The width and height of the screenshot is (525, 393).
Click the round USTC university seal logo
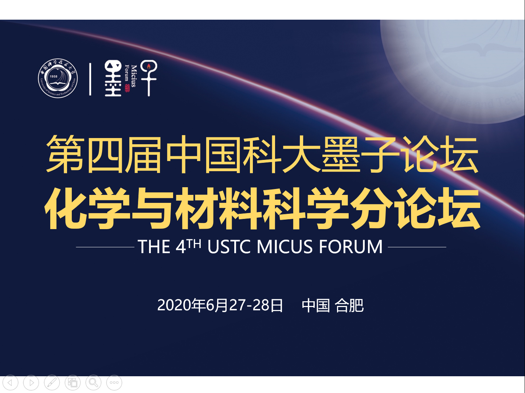58,78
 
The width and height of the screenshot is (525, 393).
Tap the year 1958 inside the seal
54,76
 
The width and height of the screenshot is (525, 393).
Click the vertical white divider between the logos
90,79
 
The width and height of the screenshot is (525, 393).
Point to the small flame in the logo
149,66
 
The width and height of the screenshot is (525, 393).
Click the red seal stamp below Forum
127,88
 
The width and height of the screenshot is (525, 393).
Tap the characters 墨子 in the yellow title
360,154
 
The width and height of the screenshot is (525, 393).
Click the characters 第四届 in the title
103,154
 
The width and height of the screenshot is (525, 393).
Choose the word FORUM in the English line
351,247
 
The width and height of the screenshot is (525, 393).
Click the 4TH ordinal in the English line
188,246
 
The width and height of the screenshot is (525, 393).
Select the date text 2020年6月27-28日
220,305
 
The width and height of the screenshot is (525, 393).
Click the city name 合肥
349,305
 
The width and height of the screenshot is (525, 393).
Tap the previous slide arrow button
10,383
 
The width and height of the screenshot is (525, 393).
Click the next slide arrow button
31,383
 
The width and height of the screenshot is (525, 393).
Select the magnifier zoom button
94,383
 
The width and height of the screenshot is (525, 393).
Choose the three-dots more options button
114,383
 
